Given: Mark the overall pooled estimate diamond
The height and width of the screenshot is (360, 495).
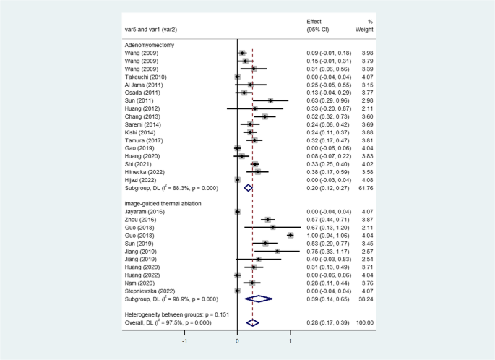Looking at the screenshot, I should [x=252, y=322].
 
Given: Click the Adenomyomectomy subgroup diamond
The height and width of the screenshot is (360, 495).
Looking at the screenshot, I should [x=248, y=187].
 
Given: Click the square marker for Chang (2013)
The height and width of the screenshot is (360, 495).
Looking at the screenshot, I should [x=265, y=116].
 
